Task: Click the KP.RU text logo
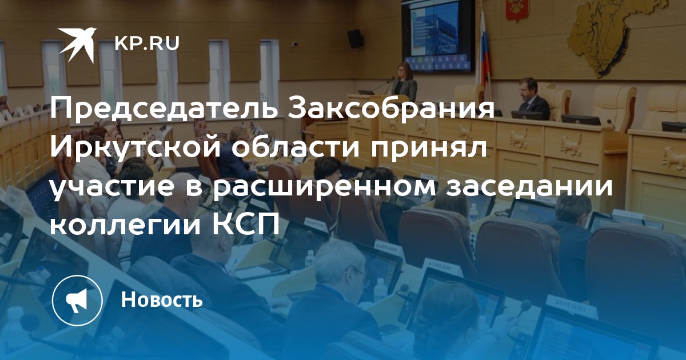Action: click(147, 43)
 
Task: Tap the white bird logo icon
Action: click(77, 45)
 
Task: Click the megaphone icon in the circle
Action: click(78, 301)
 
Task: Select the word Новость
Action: click(162, 299)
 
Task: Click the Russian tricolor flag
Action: click(484, 49)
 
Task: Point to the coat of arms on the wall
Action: click(517, 10)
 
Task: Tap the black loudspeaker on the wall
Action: click(356, 38)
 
